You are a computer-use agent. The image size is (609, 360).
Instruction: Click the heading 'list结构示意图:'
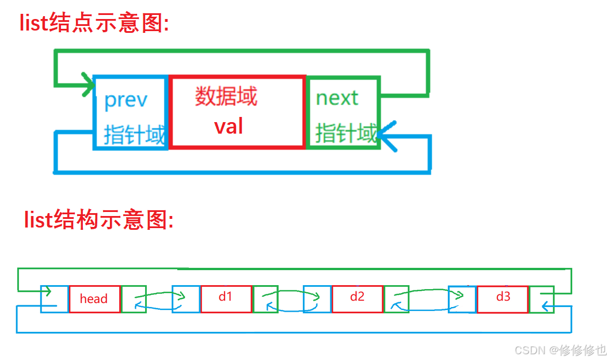98,219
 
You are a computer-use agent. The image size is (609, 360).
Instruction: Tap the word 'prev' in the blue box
125,100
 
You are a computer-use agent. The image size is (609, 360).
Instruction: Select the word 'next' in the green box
337,98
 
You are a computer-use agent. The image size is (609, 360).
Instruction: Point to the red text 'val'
229,126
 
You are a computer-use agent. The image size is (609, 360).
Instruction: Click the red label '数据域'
226,96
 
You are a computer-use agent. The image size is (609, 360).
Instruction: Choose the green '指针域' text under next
346,133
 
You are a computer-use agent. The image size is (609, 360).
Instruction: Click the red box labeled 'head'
94,298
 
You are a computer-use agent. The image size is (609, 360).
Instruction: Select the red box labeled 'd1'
226,298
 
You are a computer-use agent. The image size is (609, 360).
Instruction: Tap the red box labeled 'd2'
357,298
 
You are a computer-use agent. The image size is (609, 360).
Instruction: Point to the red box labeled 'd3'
503,298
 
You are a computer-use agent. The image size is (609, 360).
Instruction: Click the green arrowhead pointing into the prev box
88,86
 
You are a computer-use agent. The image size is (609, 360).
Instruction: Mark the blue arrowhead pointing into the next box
387,137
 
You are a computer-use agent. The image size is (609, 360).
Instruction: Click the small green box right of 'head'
134,299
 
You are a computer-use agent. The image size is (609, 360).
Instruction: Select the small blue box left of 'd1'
186,299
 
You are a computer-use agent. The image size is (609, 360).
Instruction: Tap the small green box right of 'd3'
542,299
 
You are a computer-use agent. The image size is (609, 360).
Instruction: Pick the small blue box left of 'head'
54,299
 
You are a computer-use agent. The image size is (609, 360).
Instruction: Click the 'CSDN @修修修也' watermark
560,350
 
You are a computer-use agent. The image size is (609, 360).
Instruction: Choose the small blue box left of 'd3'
462,299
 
